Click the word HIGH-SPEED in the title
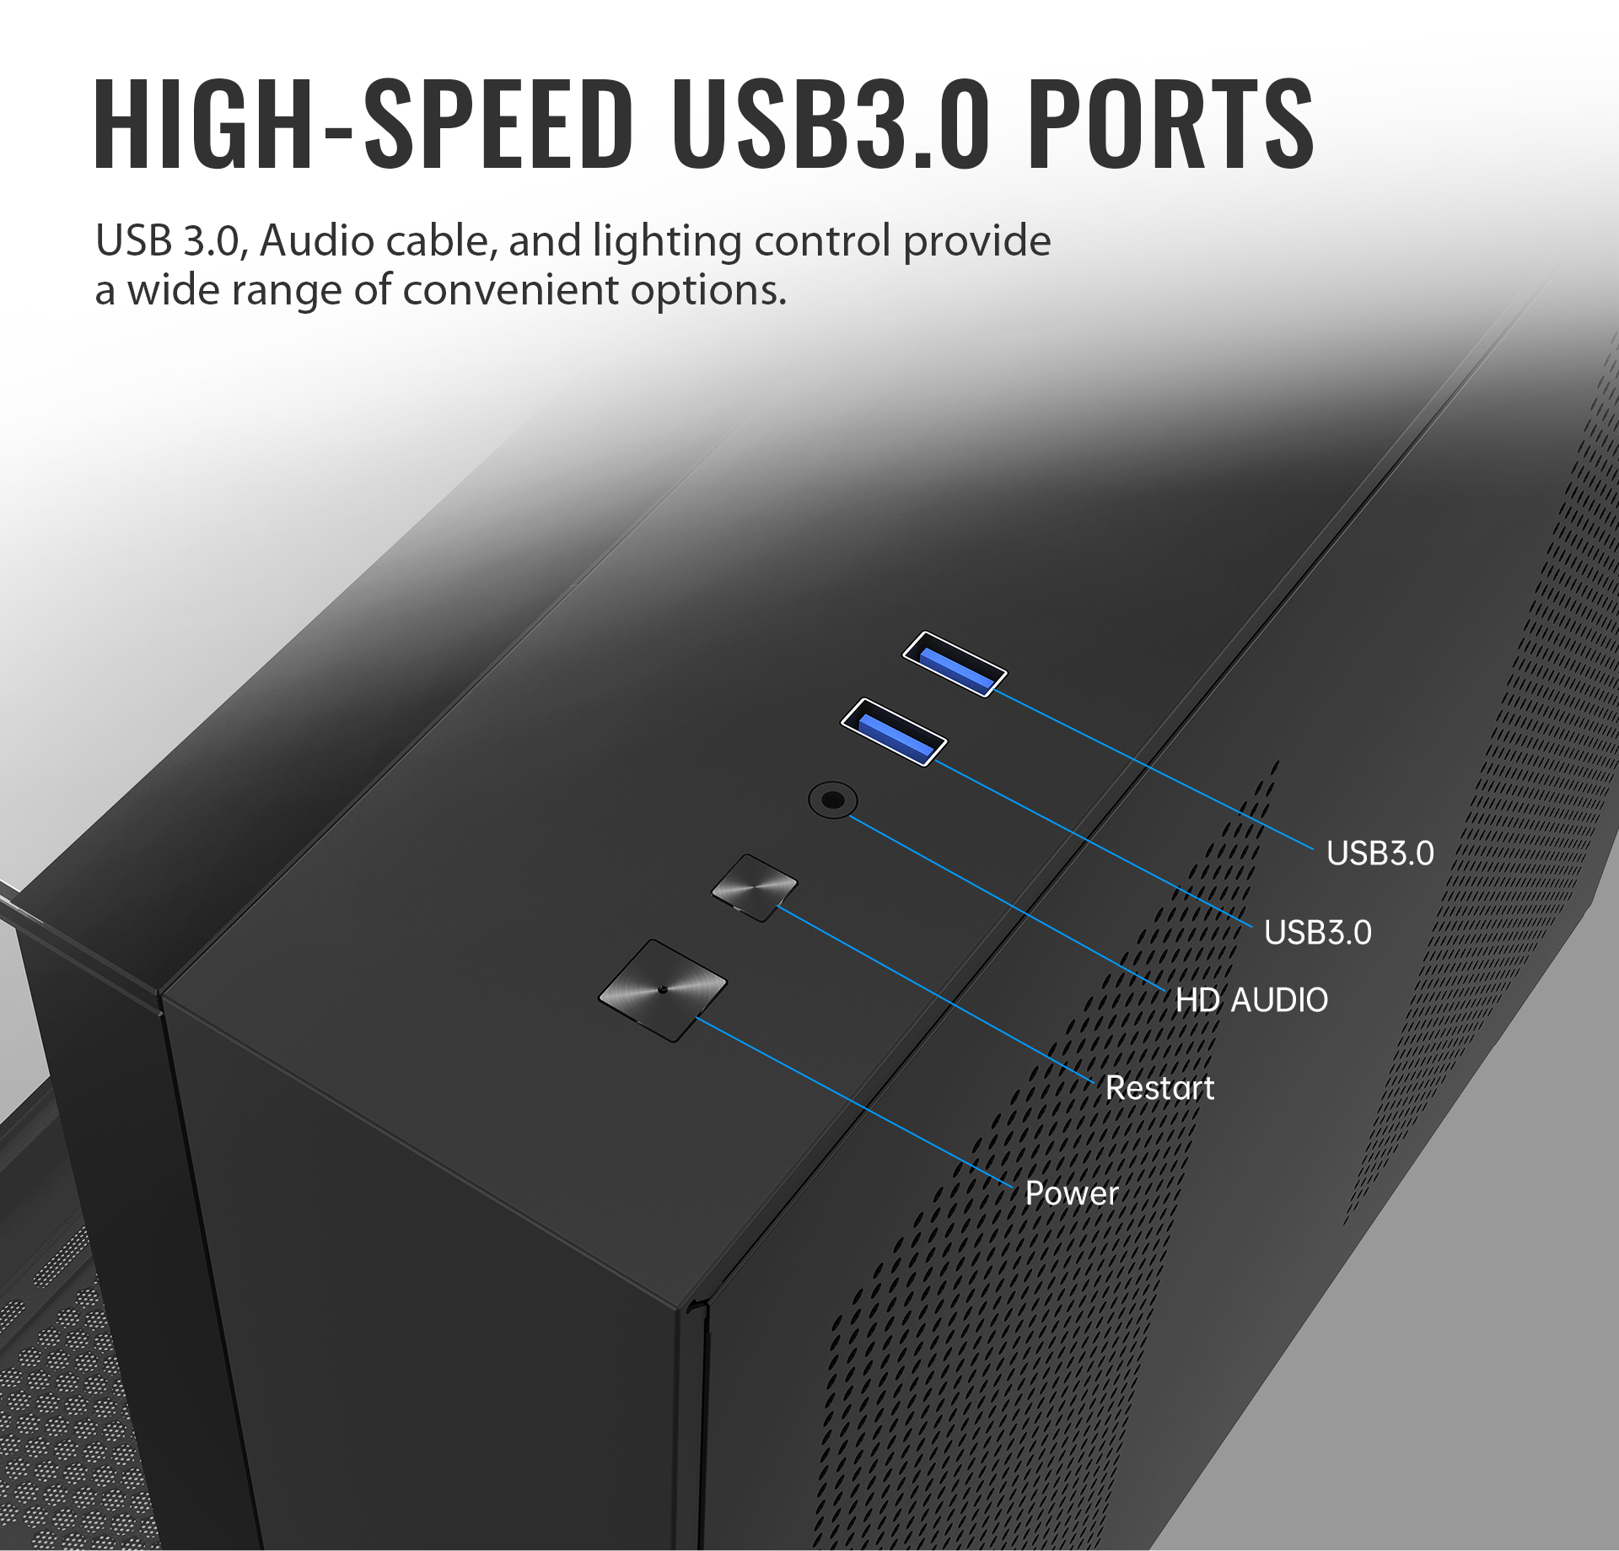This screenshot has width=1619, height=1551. (x=363, y=124)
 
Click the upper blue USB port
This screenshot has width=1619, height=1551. (x=955, y=664)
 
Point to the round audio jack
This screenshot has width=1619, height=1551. (x=832, y=799)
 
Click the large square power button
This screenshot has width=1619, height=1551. (x=663, y=990)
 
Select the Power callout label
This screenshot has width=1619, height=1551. (x=1071, y=1193)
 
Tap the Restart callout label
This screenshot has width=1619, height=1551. (x=1159, y=1088)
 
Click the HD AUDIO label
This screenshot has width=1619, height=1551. (x=1251, y=1000)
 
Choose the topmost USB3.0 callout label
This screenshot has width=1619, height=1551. (x=1380, y=854)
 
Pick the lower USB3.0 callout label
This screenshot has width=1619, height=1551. (x=1317, y=933)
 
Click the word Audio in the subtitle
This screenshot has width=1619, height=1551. (x=317, y=241)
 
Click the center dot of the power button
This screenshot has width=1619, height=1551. (x=663, y=989)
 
